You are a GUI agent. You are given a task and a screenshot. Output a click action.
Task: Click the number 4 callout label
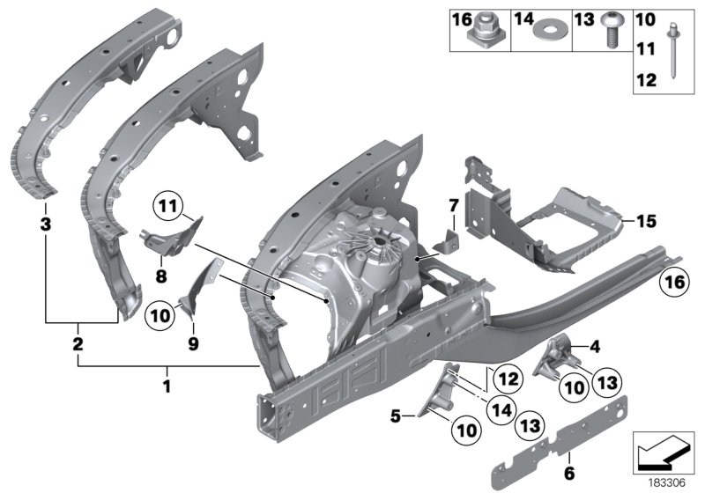pos(595,347)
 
